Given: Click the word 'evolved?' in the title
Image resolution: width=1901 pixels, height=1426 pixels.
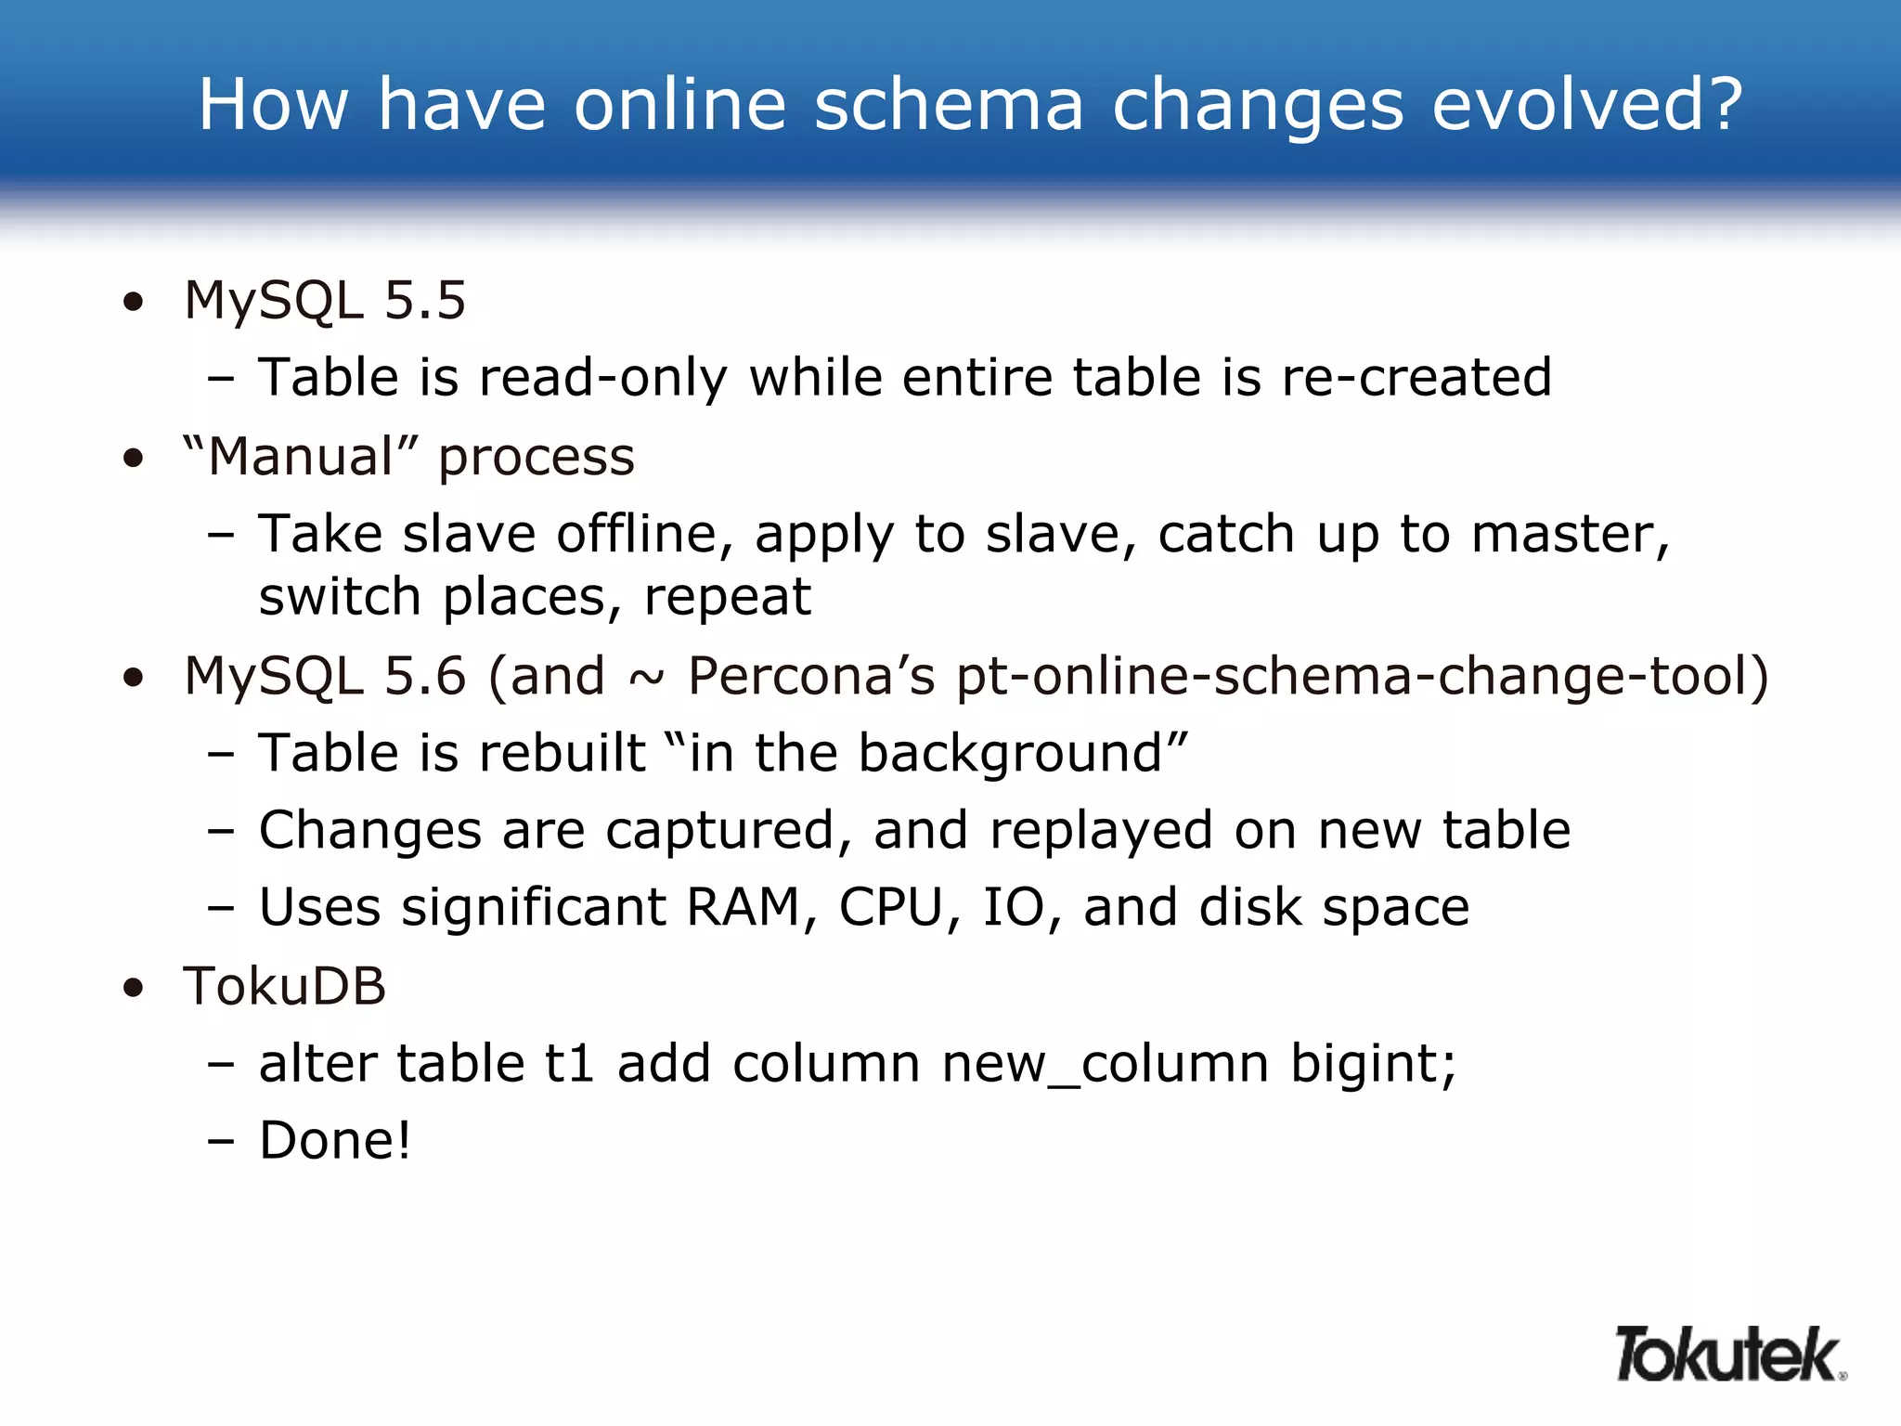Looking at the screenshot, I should point(1587,104).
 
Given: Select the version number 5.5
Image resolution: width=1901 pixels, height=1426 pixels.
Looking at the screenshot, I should point(424,301).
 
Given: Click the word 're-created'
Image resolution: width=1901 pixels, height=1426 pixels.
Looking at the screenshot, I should point(1416,378).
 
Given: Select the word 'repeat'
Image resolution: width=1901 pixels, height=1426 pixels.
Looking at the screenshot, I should point(728,597).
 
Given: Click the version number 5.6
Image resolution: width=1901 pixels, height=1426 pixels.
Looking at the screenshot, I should point(424,676).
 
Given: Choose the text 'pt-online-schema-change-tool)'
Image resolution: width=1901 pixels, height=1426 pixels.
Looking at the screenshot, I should point(1363,676).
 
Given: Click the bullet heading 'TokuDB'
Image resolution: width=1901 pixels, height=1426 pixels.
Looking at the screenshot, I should point(284,986).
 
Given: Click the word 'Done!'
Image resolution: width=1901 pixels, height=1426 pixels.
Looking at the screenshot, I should point(334,1141).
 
